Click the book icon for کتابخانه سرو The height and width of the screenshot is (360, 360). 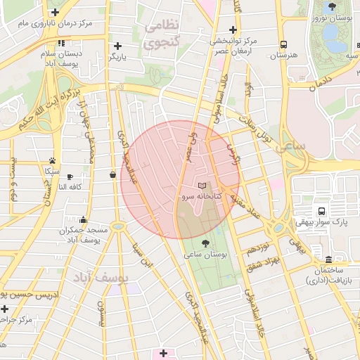tap(203, 185)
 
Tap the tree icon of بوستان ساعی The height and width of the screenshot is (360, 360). tap(205, 243)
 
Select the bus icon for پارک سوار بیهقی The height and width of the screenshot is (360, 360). tap(322, 210)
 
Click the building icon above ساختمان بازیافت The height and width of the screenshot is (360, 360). tap(329, 258)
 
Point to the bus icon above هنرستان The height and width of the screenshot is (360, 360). tap(283, 44)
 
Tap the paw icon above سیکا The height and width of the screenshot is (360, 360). tap(52, 160)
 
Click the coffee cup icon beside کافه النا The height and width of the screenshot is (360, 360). tap(70, 176)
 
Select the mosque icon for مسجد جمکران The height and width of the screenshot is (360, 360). tap(84, 219)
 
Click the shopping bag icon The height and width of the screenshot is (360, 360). tap(113, 174)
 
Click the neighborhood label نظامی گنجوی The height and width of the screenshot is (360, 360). tap(162, 34)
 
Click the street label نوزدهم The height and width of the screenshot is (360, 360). tap(257, 248)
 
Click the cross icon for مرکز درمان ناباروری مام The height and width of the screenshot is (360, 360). tap(56, 12)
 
